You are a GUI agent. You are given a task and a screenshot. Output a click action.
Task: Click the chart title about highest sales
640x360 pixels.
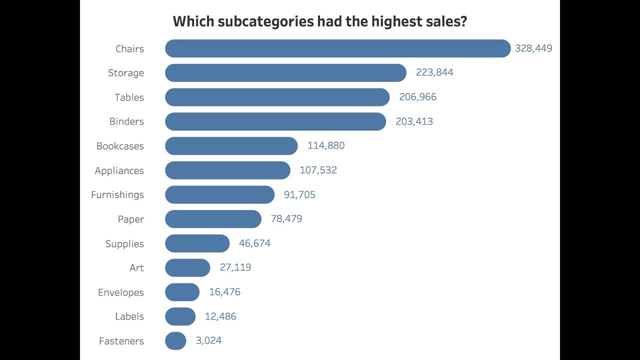[319, 21]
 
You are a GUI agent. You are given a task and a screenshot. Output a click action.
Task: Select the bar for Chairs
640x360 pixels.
[337, 48]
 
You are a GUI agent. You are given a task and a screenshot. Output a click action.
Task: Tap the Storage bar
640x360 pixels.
[285, 73]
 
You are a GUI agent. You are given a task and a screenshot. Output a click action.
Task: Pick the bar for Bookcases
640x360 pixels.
[231, 146]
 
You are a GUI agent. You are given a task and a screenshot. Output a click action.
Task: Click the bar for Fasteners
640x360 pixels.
[175, 341]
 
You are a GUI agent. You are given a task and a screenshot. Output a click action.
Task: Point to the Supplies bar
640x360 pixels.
[197, 243]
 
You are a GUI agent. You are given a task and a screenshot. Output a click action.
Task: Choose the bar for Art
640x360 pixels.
[187, 267]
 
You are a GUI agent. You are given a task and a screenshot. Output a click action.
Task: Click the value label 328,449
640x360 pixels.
[533, 48]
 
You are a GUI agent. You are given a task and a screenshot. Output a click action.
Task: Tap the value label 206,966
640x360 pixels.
[417, 97]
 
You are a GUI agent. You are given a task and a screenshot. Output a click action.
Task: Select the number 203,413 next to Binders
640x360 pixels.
[414, 121]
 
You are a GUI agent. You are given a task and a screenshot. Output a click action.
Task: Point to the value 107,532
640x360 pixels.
[318, 170]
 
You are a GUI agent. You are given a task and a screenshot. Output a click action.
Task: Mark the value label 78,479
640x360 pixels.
[286, 219]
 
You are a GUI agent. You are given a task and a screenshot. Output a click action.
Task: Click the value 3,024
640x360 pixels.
[208, 341]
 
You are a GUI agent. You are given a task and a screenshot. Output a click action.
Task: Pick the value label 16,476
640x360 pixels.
[224, 292]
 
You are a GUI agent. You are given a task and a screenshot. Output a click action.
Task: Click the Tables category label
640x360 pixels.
[129, 97]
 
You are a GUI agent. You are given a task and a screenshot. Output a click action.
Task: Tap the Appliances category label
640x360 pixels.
[119, 170]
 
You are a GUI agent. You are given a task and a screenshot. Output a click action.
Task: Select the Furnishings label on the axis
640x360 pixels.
[117, 195]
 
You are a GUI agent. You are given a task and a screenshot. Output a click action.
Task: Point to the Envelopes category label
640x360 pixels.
[121, 292]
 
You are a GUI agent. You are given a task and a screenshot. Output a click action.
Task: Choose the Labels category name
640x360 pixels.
[129, 316]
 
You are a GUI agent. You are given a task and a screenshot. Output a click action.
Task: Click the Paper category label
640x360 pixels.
[131, 219]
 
